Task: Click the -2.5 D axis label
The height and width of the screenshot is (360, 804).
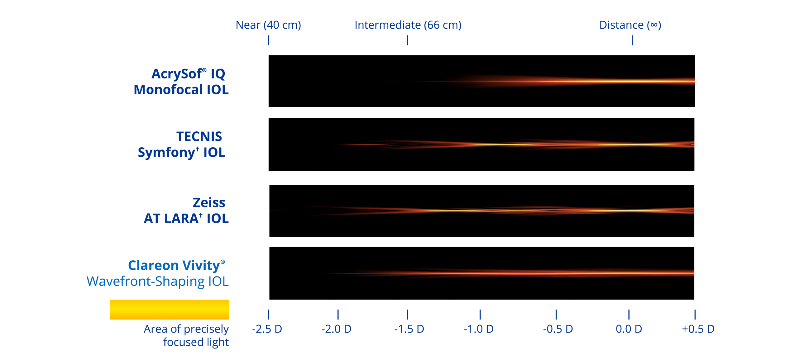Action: click(x=267, y=329)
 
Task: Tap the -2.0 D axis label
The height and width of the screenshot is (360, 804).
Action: click(x=337, y=329)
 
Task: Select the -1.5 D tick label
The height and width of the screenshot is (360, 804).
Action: click(x=409, y=329)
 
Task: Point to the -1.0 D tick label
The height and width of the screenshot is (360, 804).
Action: click(x=478, y=329)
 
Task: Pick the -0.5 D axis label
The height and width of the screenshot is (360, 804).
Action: click(x=558, y=329)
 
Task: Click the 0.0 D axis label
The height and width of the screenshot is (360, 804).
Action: click(x=629, y=329)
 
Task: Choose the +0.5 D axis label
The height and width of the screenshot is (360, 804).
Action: click(x=698, y=329)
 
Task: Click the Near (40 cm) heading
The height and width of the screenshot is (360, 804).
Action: click(x=268, y=25)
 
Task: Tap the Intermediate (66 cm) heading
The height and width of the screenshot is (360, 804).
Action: click(x=408, y=25)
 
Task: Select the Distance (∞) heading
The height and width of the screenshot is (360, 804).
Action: click(x=630, y=25)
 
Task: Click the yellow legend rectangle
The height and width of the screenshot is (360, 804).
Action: click(x=169, y=310)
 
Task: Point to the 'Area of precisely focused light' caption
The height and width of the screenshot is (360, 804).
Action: click(x=186, y=335)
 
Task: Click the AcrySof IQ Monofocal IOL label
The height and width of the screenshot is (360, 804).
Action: click(x=181, y=82)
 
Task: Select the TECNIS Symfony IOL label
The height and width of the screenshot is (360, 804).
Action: click(x=181, y=144)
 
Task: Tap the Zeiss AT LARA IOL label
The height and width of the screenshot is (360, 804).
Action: click(x=186, y=211)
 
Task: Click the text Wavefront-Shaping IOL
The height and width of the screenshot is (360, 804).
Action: click(x=158, y=282)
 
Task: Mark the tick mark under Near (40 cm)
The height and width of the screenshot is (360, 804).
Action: click(x=268, y=40)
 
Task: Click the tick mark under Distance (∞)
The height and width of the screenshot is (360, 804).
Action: click(x=632, y=40)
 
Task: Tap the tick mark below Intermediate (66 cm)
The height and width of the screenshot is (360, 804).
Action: click(x=407, y=40)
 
